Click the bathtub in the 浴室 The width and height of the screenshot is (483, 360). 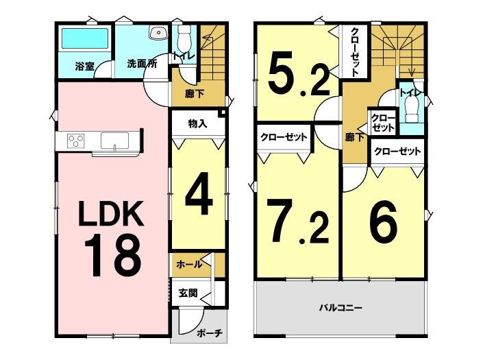pos(85,38)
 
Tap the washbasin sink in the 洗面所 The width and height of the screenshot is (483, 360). pos(159,32)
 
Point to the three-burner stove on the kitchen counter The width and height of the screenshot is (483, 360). pos(76,141)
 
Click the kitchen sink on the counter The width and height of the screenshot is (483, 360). pos(114,141)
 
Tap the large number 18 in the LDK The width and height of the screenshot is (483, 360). pos(112,255)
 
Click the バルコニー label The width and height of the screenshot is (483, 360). pos(340,307)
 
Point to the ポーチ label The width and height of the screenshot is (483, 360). pos(210,333)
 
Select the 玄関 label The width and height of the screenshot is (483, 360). pos(188,293)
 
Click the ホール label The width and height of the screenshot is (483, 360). pos(189,264)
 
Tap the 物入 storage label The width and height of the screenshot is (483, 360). pos(197,124)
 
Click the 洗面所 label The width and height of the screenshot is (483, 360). pos(142,64)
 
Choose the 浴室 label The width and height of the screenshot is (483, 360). pos(85,67)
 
